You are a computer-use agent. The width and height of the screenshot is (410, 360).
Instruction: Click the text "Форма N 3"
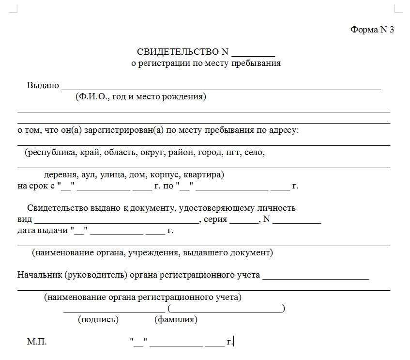pos(372,30)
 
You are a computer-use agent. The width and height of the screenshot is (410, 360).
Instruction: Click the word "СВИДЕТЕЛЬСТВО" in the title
pos(175,52)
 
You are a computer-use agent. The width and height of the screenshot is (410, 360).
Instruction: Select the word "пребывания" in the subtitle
pos(256,63)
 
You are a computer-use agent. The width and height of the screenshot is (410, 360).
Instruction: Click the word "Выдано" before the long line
pos(43,85)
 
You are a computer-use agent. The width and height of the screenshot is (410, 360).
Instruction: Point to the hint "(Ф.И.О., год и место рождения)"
pos(141,96)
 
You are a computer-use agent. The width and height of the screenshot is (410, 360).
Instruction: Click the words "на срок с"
pos(36,186)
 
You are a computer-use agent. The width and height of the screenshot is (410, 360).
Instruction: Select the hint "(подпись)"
pos(98,319)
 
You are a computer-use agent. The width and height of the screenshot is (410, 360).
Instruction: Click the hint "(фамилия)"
pos(176,319)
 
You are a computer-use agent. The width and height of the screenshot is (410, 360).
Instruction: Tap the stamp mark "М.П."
pos(37,342)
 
